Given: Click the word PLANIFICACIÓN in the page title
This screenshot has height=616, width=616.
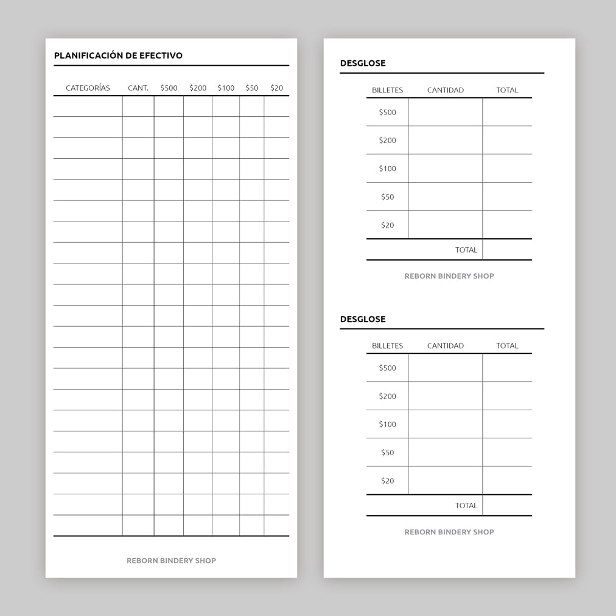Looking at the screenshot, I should click(x=88, y=55).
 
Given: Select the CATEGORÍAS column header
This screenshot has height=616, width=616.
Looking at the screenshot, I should click(x=88, y=88).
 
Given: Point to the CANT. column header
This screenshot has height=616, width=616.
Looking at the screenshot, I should click(x=138, y=88).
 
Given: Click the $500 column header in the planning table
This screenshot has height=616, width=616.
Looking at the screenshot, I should click(x=169, y=88).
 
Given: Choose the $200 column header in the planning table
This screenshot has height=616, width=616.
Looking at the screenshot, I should click(x=198, y=88).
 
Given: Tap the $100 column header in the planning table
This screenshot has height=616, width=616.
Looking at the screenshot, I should click(x=226, y=88).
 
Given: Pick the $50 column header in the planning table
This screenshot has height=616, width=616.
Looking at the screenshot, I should click(x=251, y=88).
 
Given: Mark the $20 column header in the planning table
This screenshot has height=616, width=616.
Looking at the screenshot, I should click(x=276, y=88).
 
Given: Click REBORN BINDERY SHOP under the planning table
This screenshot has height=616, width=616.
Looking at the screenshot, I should click(x=171, y=561).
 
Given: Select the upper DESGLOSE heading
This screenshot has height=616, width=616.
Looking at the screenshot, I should click(x=363, y=63).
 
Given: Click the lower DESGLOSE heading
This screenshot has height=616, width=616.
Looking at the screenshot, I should click(x=363, y=319).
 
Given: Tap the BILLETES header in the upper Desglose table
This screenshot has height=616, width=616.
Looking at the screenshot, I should click(x=387, y=90).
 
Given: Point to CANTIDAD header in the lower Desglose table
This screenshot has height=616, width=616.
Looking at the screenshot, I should click(x=446, y=346).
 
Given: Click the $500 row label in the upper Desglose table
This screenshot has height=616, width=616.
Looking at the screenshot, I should click(x=387, y=112).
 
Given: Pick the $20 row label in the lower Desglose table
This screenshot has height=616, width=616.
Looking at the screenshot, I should click(x=387, y=481).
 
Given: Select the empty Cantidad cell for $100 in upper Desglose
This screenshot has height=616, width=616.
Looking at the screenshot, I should click(x=446, y=169).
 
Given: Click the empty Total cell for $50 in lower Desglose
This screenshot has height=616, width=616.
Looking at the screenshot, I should click(x=507, y=452).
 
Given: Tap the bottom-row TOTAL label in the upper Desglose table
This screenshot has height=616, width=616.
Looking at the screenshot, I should click(x=466, y=250).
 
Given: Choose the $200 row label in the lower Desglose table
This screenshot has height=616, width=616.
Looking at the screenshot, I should click(x=387, y=396).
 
